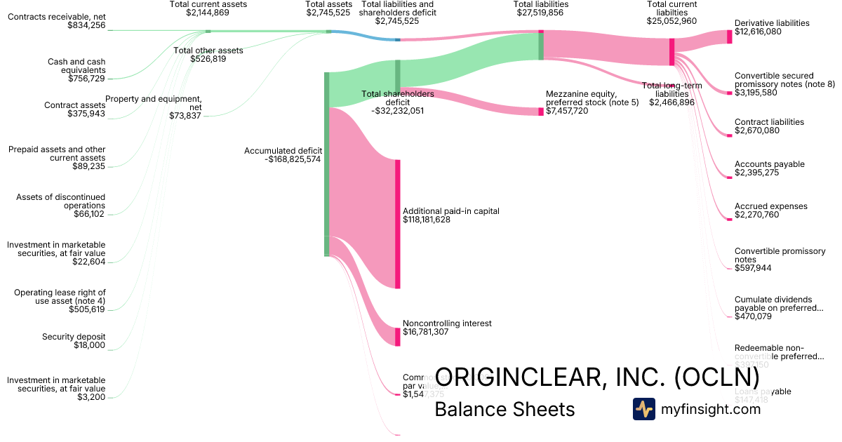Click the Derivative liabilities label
point(771,23)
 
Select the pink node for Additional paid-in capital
point(398,223)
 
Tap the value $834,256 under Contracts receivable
point(86,25)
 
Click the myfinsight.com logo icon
point(643,409)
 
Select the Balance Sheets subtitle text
point(504,409)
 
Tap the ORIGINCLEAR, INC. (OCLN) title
point(597,377)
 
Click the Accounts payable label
point(769,164)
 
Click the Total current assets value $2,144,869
point(208,13)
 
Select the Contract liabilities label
point(769,122)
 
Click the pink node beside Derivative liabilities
point(729,37)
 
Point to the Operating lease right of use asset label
point(60,297)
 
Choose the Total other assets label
point(208,51)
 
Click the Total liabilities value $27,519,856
point(541,13)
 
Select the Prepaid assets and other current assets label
point(56,154)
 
